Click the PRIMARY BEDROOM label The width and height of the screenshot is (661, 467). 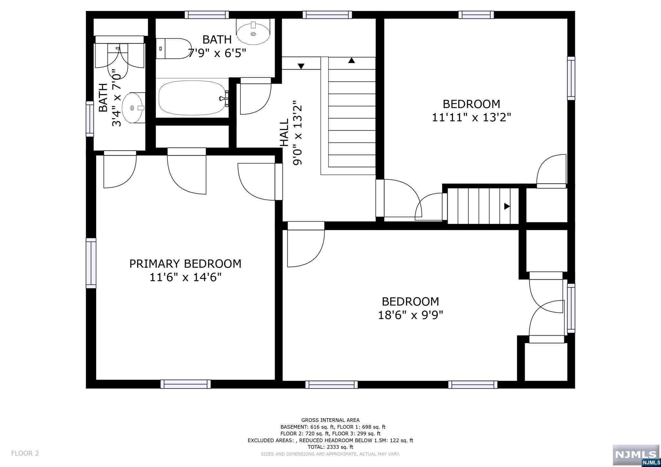click(185, 264)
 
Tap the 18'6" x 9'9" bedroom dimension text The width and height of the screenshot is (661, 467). click(411, 315)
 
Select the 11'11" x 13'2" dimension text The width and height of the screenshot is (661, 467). click(472, 117)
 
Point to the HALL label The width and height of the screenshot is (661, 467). click(284, 133)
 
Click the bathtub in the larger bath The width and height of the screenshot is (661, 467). click(193, 98)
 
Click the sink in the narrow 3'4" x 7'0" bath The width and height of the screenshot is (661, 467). click(133, 108)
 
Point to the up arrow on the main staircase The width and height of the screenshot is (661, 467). click(351, 60)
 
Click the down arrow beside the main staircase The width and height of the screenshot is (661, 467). click(301, 66)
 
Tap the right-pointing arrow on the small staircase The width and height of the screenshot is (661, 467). click(507, 206)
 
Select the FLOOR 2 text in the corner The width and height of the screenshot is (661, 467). click(25, 453)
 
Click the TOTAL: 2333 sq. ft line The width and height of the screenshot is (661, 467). click(330, 447)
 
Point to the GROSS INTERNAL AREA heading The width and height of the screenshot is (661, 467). click(330, 420)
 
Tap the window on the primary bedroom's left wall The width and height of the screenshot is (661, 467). click(91, 263)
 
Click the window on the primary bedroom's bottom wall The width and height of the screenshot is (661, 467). click(186, 384)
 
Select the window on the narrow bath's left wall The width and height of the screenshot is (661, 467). click(90, 119)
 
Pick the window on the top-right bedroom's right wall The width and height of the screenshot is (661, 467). click(571, 78)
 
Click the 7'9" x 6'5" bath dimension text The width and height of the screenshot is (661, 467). click(217, 53)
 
